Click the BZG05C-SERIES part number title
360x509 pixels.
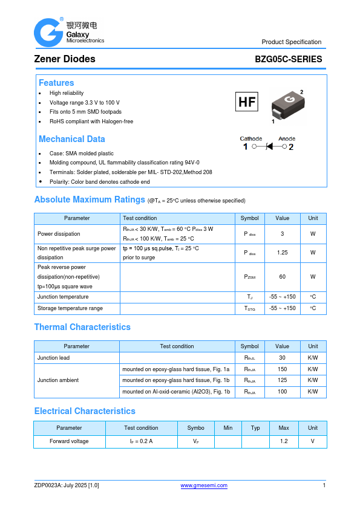(289, 59)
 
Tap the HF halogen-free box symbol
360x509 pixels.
(247, 102)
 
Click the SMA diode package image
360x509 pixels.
(285, 105)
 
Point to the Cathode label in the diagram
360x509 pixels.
(251, 138)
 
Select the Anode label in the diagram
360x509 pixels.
(287, 138)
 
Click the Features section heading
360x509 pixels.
(56, 83)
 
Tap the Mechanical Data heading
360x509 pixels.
(71, 139)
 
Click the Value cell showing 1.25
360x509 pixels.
(282, 253)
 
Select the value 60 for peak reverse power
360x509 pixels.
(282, 277)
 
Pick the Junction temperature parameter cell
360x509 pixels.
(63, 297)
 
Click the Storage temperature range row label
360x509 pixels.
(70, 308)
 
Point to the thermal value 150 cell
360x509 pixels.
(282, 369)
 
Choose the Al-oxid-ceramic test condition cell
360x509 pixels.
(176, 392)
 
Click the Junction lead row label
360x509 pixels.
(53, 358)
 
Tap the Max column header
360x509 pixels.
(283, 428)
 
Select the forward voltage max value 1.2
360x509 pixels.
(283, 441)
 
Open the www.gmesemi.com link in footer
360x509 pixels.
(205, 485)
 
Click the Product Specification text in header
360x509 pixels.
(291, 42)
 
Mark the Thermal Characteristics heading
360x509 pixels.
(82, 327)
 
